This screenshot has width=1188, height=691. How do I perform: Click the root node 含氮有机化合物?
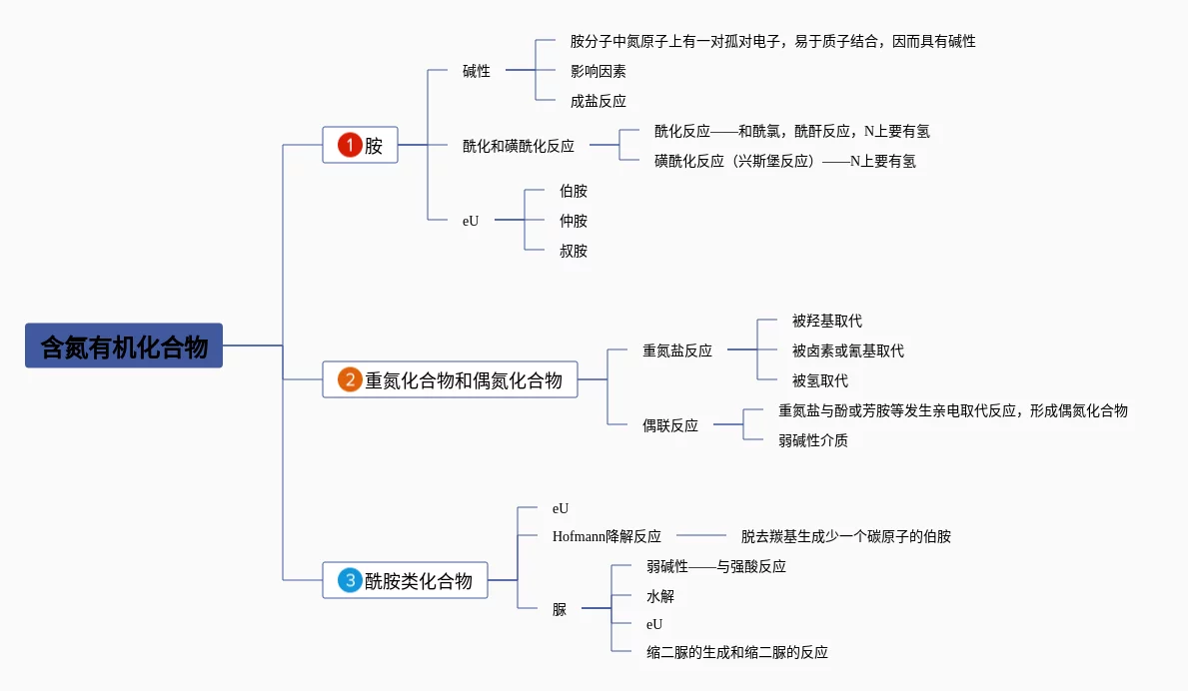(x=124, y=345)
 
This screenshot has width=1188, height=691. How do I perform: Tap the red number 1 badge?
(x=349, y=145)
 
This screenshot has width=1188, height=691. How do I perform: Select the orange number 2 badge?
(x=349, y=379)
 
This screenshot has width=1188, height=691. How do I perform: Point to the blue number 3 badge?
(x=349, y=580)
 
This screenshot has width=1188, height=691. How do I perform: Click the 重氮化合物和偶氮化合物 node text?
(x=464, y=380)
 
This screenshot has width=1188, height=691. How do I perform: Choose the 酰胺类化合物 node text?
(x=419, y=580)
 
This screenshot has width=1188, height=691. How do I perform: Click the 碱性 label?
(x=477, y=71)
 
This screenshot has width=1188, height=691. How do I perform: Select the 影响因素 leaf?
(x=597, y=71)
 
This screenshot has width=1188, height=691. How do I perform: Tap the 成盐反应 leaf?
(x=597, y=101)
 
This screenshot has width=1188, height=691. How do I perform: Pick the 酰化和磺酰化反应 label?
(x=518, y=146)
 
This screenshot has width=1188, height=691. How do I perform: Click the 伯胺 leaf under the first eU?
(x=574, y=191)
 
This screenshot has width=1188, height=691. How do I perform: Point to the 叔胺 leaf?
(x=574, y=251)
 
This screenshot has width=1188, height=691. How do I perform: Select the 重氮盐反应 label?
(x=677, y=350)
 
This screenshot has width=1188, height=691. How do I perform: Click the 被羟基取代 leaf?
(x=826, y=321)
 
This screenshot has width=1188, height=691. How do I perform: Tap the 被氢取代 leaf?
(x=819, y=380)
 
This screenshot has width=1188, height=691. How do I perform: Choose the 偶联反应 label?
(x=670, y=425)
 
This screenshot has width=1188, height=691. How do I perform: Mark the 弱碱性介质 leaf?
(x=813, y=440)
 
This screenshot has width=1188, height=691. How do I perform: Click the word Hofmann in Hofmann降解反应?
(x=580, y=536)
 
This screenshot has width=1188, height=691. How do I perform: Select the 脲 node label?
(x=560, y=609)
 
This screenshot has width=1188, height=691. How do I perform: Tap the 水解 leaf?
(x=660, y=596)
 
